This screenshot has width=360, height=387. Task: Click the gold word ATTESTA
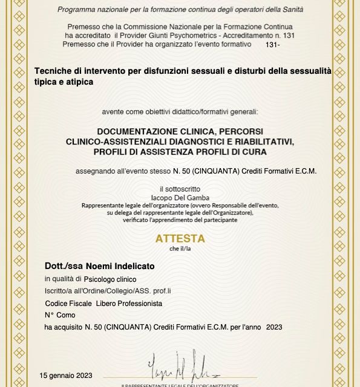click(180, 238)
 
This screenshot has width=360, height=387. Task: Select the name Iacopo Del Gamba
click(180, 197)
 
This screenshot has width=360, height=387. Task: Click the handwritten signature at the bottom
click(180, 366)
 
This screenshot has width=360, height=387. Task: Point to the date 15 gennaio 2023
click(67, 375)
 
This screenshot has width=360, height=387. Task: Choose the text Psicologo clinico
click(110, 279)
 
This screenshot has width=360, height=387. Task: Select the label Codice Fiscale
click(68, 303)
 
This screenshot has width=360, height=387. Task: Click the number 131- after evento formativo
click(272, 45)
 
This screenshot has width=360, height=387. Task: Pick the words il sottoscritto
click(180, 189)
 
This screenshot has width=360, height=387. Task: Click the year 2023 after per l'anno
click(274, 327)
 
